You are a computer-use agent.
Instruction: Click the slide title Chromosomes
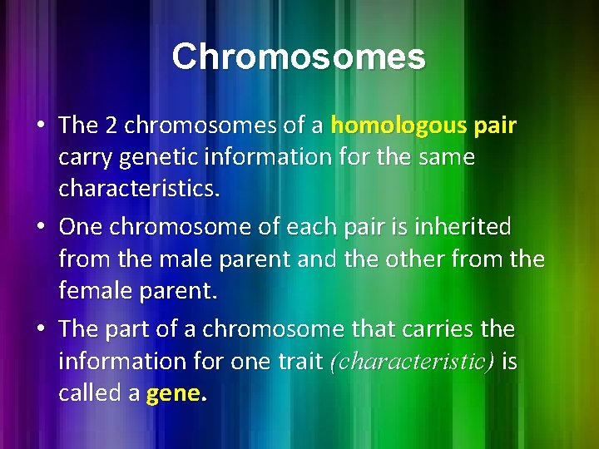click(299, 57)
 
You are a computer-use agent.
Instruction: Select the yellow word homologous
click(399, 126)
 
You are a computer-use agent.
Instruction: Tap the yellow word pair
click(495, 126)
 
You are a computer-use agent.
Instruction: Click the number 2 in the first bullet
click(112, 126)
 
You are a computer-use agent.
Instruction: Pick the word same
click(448, 158)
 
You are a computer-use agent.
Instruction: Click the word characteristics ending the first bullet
click(139, 190)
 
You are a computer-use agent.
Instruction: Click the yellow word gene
click(172, 393)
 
